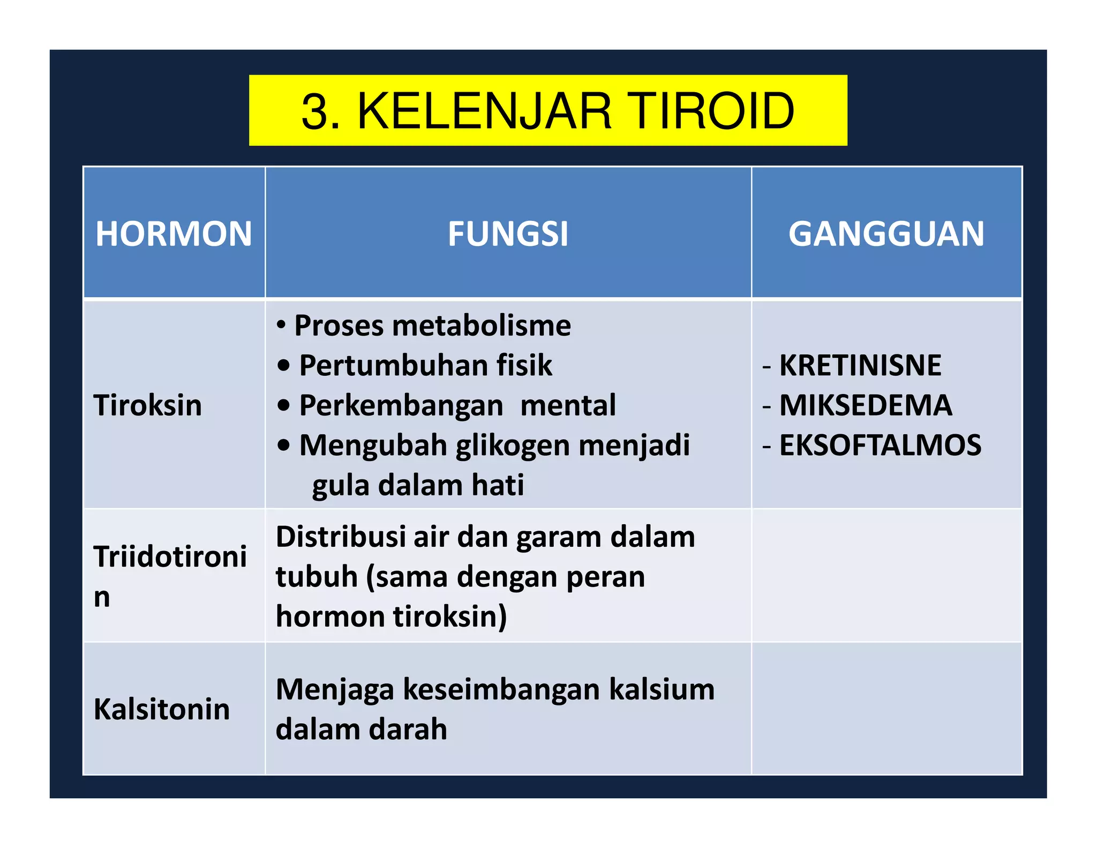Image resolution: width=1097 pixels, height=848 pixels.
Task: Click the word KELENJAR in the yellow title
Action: click(x=484, y=111)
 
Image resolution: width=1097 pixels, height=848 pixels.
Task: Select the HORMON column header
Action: click(x=174, y=234)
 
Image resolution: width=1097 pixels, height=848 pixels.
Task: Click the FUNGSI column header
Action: click(x=508, y=234)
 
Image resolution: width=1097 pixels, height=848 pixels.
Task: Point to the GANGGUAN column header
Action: click(x=886, y=234)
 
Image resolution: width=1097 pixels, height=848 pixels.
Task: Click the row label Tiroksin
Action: click(x=148, y=405)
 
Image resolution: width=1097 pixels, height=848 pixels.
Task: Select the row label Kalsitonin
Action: click(x=162, y=709)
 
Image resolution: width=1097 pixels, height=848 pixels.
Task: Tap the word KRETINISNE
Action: click(x=860, y=366)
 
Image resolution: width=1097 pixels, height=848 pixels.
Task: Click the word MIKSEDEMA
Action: click(x=866, y=405)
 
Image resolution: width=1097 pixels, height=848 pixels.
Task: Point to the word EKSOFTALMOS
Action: click(x=880, y=445)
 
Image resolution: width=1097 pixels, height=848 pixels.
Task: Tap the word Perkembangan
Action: click(x=401, y=405)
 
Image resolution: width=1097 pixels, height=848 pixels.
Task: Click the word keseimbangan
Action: click(x=501, y=689)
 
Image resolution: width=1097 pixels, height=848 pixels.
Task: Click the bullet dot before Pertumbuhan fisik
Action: click(x=284, y=366)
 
